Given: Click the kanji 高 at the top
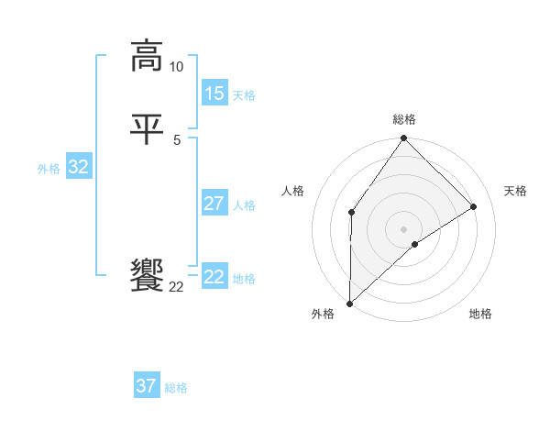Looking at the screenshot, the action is click(147, 57).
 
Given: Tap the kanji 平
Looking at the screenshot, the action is click(147, 128).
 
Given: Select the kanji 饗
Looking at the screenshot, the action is click(147, 276).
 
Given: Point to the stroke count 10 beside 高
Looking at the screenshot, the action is click(176, 67).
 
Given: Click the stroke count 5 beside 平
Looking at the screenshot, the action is click(176, 139).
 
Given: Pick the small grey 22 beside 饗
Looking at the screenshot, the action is click(176, 287).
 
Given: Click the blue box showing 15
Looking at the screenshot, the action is click(214, 94).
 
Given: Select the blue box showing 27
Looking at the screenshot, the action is click(214, 204).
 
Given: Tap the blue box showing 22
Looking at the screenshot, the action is click(214, 277).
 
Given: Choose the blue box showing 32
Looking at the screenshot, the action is click(78, 167).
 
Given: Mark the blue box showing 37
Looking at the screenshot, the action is click(146, 386).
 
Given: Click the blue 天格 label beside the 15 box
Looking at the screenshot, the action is click(244, 95).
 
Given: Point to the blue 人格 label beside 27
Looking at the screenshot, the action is click(244, 205).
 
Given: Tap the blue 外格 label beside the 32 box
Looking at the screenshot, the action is click(49, 169).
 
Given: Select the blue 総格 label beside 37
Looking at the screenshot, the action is click(176, 388).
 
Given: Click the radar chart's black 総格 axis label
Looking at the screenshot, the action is click(404, 119).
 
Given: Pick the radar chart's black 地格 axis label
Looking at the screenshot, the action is click(480, 315).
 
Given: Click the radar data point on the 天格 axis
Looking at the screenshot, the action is click(474, 206).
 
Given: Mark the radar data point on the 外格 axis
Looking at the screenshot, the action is click(349, 304).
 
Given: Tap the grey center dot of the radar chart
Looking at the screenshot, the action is click(404, 228).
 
